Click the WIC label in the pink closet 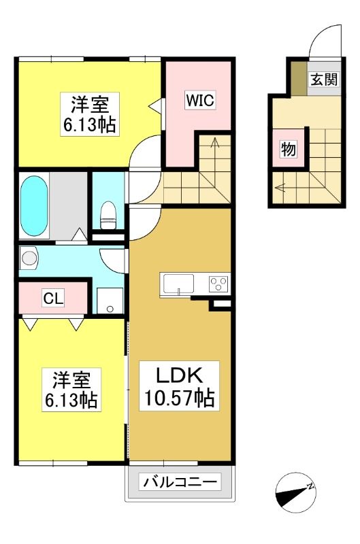200,100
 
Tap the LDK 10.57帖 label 179,386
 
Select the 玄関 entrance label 323,80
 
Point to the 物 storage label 288,150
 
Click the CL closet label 53,298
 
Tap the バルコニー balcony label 180,481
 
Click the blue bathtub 34,207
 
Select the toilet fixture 108,215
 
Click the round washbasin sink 29,258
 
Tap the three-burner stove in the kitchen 218,284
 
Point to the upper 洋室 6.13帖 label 90,114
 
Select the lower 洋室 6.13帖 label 71,390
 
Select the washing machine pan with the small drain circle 110,301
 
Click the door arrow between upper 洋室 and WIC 155,105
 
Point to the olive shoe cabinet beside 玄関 299,78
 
